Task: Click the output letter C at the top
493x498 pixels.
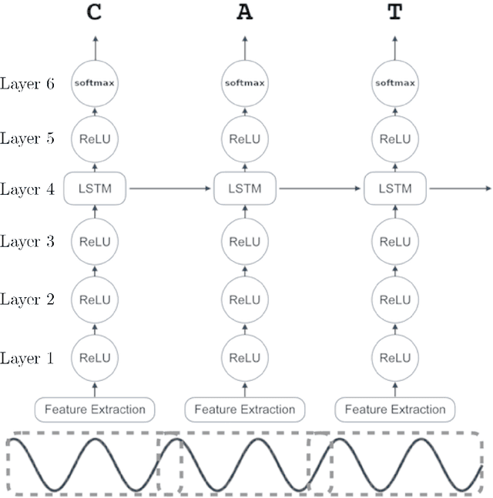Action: click(95, 14)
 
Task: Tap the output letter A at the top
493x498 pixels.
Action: click(244, 14)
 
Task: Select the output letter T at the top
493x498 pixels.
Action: click(394, 14)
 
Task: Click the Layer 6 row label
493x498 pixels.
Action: click(27, 83)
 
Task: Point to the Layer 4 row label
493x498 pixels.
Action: click(27, 189)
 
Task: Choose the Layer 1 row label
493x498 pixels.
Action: click(27, 358)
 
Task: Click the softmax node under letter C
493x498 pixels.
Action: click(95, 82)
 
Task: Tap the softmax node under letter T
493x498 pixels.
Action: click(394, 82)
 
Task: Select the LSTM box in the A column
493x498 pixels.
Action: click(244, 188)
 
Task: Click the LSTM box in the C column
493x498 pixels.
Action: click(95, 188)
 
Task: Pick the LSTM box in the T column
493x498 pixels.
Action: click(394, 188)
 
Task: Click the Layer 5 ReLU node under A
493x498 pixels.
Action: click(244, 139)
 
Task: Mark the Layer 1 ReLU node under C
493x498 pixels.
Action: click(95, 358)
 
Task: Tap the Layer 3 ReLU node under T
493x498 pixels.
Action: click(394, 242)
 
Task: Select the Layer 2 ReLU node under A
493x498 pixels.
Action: click(244, 299)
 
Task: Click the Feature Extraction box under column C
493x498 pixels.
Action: click(95, 409)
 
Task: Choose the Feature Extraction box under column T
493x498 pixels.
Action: click(394, 409)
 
